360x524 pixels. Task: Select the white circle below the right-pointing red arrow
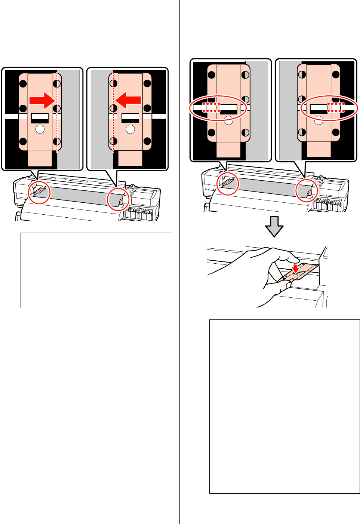coord(40,129)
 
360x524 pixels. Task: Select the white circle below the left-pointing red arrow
coord(130,129)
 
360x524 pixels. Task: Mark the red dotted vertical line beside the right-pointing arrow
coord(57,112)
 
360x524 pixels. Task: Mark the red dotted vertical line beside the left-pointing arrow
coord(113,112)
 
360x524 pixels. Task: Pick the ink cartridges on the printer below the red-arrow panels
coord(139,214)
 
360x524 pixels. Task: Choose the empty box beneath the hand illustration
coord(284,406)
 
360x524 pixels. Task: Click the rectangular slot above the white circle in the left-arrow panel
coord(130,118)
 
